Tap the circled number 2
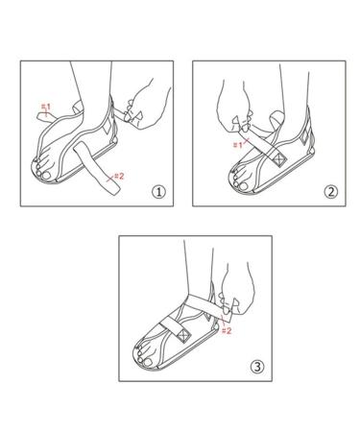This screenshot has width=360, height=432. [x=329, y=190]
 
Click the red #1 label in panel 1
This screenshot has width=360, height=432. [x=45, y=105]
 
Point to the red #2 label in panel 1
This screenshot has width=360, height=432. [x=118, y=176]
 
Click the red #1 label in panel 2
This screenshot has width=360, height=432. [x=236, y=145]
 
